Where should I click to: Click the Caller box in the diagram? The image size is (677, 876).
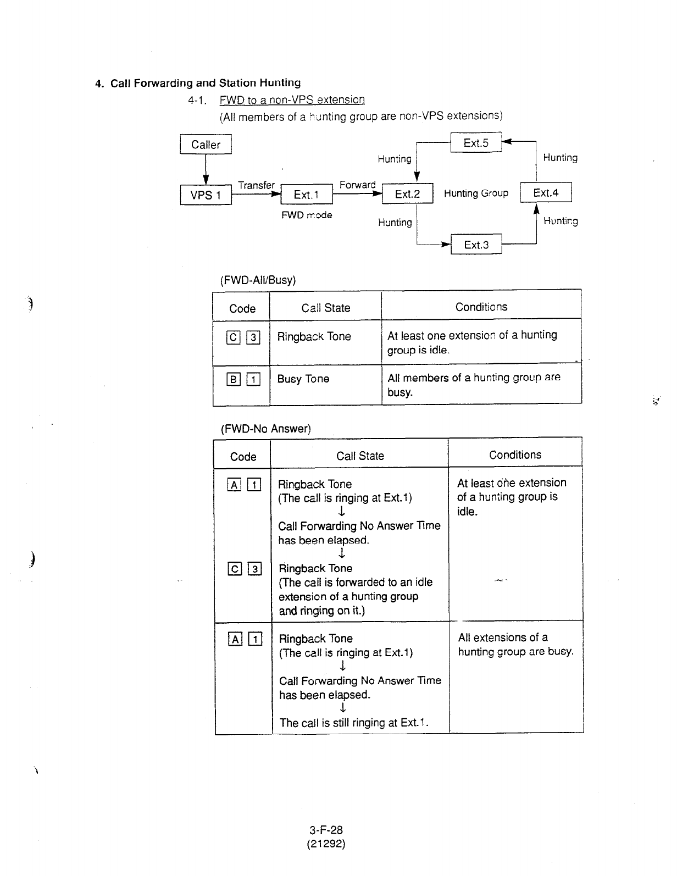(206, 145)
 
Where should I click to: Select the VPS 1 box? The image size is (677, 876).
(206, 195)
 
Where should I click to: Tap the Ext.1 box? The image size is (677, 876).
(306, 195)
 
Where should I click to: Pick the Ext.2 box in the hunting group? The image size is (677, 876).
(407, 194)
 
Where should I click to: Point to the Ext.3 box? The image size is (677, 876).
(476, 245)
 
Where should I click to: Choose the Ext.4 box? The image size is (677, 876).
(546, 193)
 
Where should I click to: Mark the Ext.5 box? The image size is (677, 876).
(476, 143)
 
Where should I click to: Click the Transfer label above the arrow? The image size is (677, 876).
(256, 185)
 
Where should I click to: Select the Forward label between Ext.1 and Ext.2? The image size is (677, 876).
(357, 185)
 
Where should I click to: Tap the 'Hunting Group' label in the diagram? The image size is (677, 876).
(476, 193)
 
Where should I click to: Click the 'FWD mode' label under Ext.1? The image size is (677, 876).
(307, 215)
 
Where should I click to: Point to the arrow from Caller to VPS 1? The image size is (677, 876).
(206, 169)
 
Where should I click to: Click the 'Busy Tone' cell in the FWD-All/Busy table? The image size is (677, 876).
(303, 379)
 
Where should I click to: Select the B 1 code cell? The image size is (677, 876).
(242, 379)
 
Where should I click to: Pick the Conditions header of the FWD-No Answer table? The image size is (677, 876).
(515, 454)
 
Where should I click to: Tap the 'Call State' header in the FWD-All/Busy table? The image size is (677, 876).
(325, 308)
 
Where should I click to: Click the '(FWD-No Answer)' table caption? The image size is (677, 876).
(265, 429)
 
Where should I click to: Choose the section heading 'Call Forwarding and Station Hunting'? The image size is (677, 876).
(206, 83)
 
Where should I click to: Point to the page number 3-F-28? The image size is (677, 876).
(326, 830)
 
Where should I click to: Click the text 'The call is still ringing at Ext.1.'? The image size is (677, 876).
(354, 723)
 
